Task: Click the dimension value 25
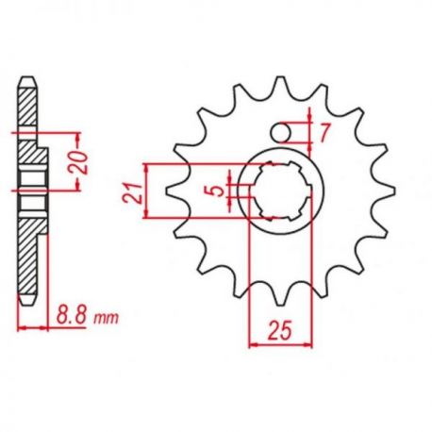pos(279,330)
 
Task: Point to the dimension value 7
pos(324,132)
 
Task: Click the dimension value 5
pos(218,191)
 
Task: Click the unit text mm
pos(107,318)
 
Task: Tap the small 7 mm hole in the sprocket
pos(281,133)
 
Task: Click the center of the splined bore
pos(281,191)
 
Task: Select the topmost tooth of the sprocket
pos(280,86)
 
